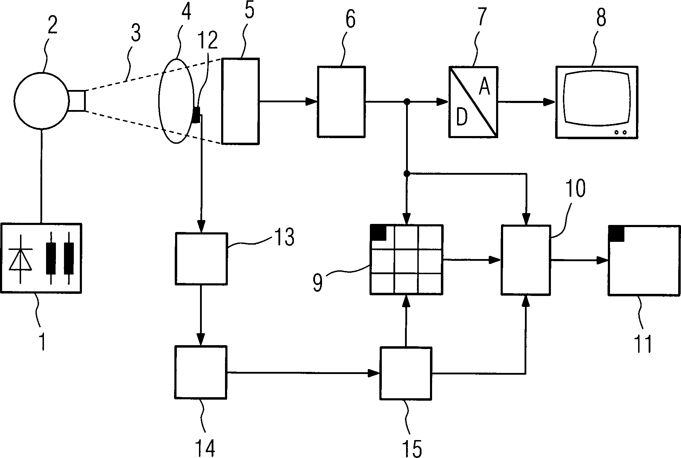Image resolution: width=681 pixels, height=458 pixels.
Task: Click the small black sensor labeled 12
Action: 196,115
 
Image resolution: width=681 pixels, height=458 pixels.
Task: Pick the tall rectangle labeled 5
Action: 240,101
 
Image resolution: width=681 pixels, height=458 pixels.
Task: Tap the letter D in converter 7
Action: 461,117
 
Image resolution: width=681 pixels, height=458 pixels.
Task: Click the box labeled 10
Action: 525,260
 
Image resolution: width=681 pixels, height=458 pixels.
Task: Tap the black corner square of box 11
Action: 616,234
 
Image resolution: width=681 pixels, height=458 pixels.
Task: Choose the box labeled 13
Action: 201,258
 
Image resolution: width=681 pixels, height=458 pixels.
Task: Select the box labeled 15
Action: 406,373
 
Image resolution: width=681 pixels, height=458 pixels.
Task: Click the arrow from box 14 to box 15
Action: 302,373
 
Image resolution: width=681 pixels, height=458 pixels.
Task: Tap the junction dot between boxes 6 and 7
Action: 407,102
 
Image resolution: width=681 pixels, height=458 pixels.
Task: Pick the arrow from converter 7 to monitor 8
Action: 526,102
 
